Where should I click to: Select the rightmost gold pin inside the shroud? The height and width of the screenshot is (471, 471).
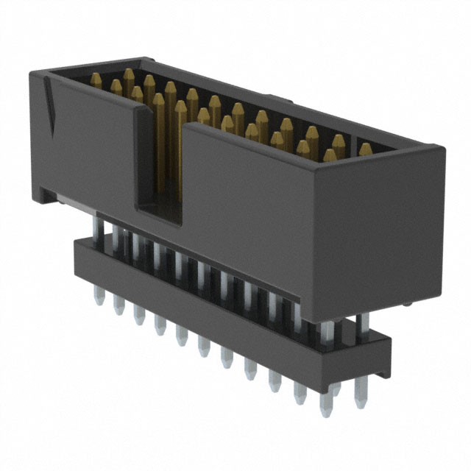click(x=366, y=150)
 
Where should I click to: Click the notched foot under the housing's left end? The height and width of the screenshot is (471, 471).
click(x=48, y=195)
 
